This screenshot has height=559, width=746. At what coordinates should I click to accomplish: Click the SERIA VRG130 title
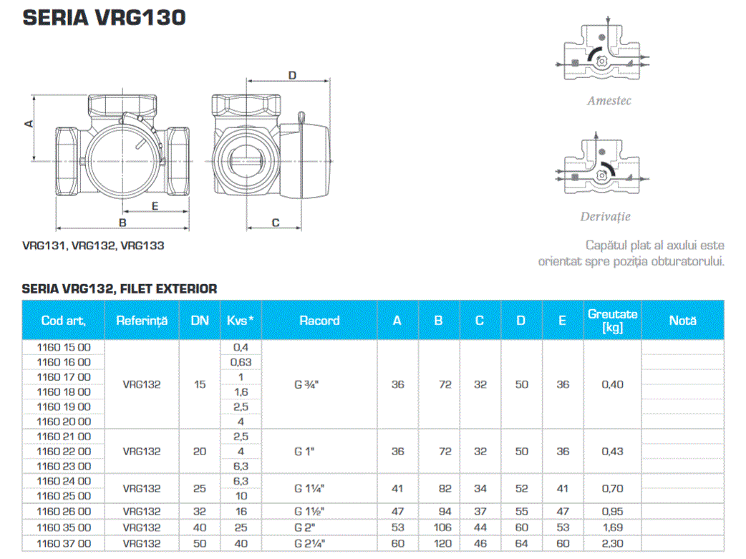(x=105, y=17)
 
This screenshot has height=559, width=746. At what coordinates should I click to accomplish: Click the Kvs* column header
(x=241, y=321)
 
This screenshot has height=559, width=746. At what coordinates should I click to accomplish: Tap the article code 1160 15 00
(x=64, y=346)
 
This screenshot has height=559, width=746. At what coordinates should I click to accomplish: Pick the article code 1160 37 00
(x=64, y=544)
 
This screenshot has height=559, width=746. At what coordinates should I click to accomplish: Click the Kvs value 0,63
(x=241, y=362)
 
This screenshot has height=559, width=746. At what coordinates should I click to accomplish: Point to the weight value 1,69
(x=612, y=528)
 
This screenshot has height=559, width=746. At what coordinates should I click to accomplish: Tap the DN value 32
(x=200, y=511)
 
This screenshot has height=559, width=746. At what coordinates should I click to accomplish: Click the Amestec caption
(x=609, y=101)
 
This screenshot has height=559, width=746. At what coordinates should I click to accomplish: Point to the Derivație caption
(x=605, y=216)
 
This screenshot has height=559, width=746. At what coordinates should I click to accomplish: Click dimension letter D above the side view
(x=292, y=75)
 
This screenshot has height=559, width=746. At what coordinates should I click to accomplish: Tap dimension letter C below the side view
(x=275, y=223)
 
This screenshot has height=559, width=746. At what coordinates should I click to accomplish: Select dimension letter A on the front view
(x=29, y=123)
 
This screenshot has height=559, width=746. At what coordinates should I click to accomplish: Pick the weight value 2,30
(x=612, y=544)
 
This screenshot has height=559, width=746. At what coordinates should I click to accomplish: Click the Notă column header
(x=682, y=321)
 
